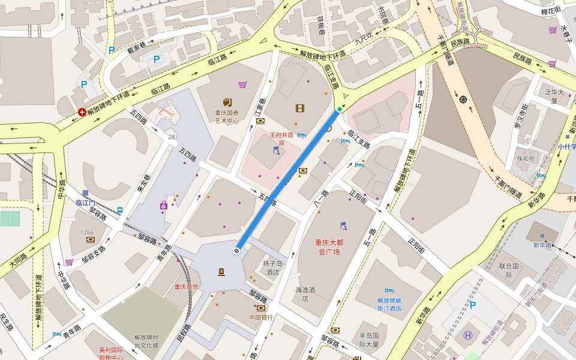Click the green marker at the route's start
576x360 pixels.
(x=340, y=109)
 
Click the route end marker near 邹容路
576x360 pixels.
(x=238, y=250)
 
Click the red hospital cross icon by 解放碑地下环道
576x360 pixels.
(x=82, y=112)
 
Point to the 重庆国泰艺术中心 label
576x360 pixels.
(x=227, y=116)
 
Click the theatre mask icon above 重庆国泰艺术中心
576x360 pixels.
(x=227, y=103)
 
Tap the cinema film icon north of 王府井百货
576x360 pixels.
(x=300, y=109)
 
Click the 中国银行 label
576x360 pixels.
(x=261, y=317)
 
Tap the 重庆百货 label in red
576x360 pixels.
(x=186, y=287)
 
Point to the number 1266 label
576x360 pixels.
(x=88, y=232)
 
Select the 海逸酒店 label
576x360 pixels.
(x=305, y=294)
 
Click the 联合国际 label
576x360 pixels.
(x=509, y=271)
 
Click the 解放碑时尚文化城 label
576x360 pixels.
(x=146, y=341)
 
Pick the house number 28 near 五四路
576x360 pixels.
(x=172, y=137)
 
